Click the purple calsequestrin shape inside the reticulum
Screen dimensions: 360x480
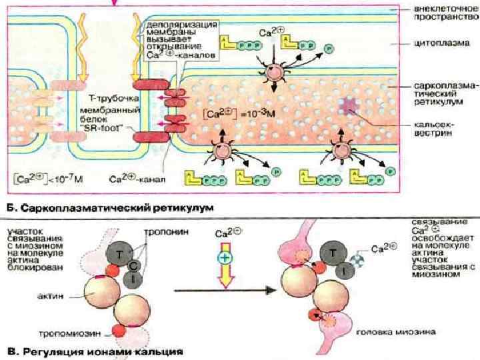[349, 107]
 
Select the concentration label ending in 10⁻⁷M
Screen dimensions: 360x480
[42, 178]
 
